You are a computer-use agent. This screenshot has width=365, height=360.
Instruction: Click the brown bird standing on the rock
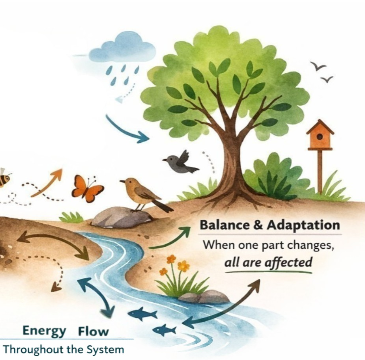tap(143, 194)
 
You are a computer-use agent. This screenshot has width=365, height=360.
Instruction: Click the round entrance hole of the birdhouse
tap(319, 136)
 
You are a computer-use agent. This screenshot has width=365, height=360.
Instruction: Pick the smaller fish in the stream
tap(165, 330)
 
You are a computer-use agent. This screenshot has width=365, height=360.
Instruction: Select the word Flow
tap(93, 332)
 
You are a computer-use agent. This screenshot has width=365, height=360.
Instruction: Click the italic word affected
tap(288, 263)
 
